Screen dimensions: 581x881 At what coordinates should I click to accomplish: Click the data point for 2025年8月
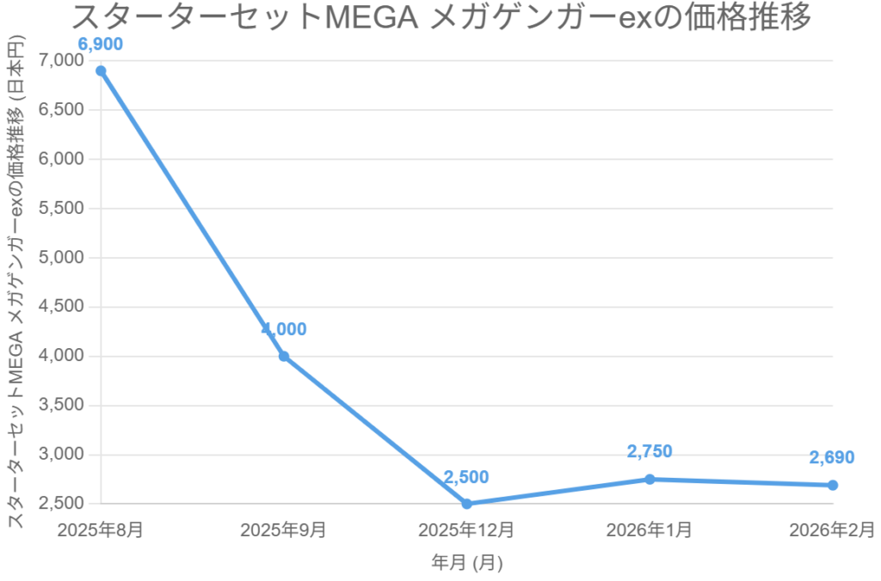(x=101, y=70)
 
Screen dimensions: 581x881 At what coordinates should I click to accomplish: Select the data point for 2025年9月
(x=284, y=356)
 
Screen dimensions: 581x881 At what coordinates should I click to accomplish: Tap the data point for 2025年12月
(x=466, y=504)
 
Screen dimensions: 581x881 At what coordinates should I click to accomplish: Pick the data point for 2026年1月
(x=650, y=479)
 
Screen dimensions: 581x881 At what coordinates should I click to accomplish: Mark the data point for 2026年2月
(x=833, y=485)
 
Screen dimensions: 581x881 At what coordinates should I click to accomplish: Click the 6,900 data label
(x=101, y=44)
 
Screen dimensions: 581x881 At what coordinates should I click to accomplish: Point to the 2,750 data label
(x=650, y=451)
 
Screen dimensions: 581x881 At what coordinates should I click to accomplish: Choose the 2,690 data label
(x=832, y=457)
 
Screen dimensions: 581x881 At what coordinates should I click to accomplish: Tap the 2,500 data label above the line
(x=466, y=477)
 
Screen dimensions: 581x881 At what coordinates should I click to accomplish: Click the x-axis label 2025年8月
(x=101, y=529)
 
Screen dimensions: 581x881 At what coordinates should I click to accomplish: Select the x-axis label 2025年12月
(x=466, y=529)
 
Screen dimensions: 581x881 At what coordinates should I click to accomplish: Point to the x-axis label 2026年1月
(x=650, y=529)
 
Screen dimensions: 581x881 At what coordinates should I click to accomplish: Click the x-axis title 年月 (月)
(x=466, y=563)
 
